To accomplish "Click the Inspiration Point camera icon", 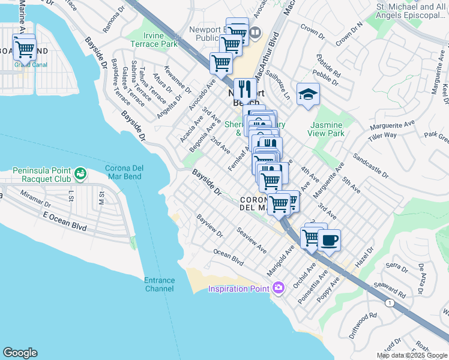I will point(277,289).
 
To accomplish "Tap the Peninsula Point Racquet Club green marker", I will point(80,175).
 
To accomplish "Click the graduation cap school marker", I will point(308,95).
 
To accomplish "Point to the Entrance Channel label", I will point(159,284).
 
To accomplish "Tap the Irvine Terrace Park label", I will point(154,40).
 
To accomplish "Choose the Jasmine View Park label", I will point(327,129).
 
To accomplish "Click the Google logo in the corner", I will point(20,353).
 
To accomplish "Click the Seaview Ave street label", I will point(252,239).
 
